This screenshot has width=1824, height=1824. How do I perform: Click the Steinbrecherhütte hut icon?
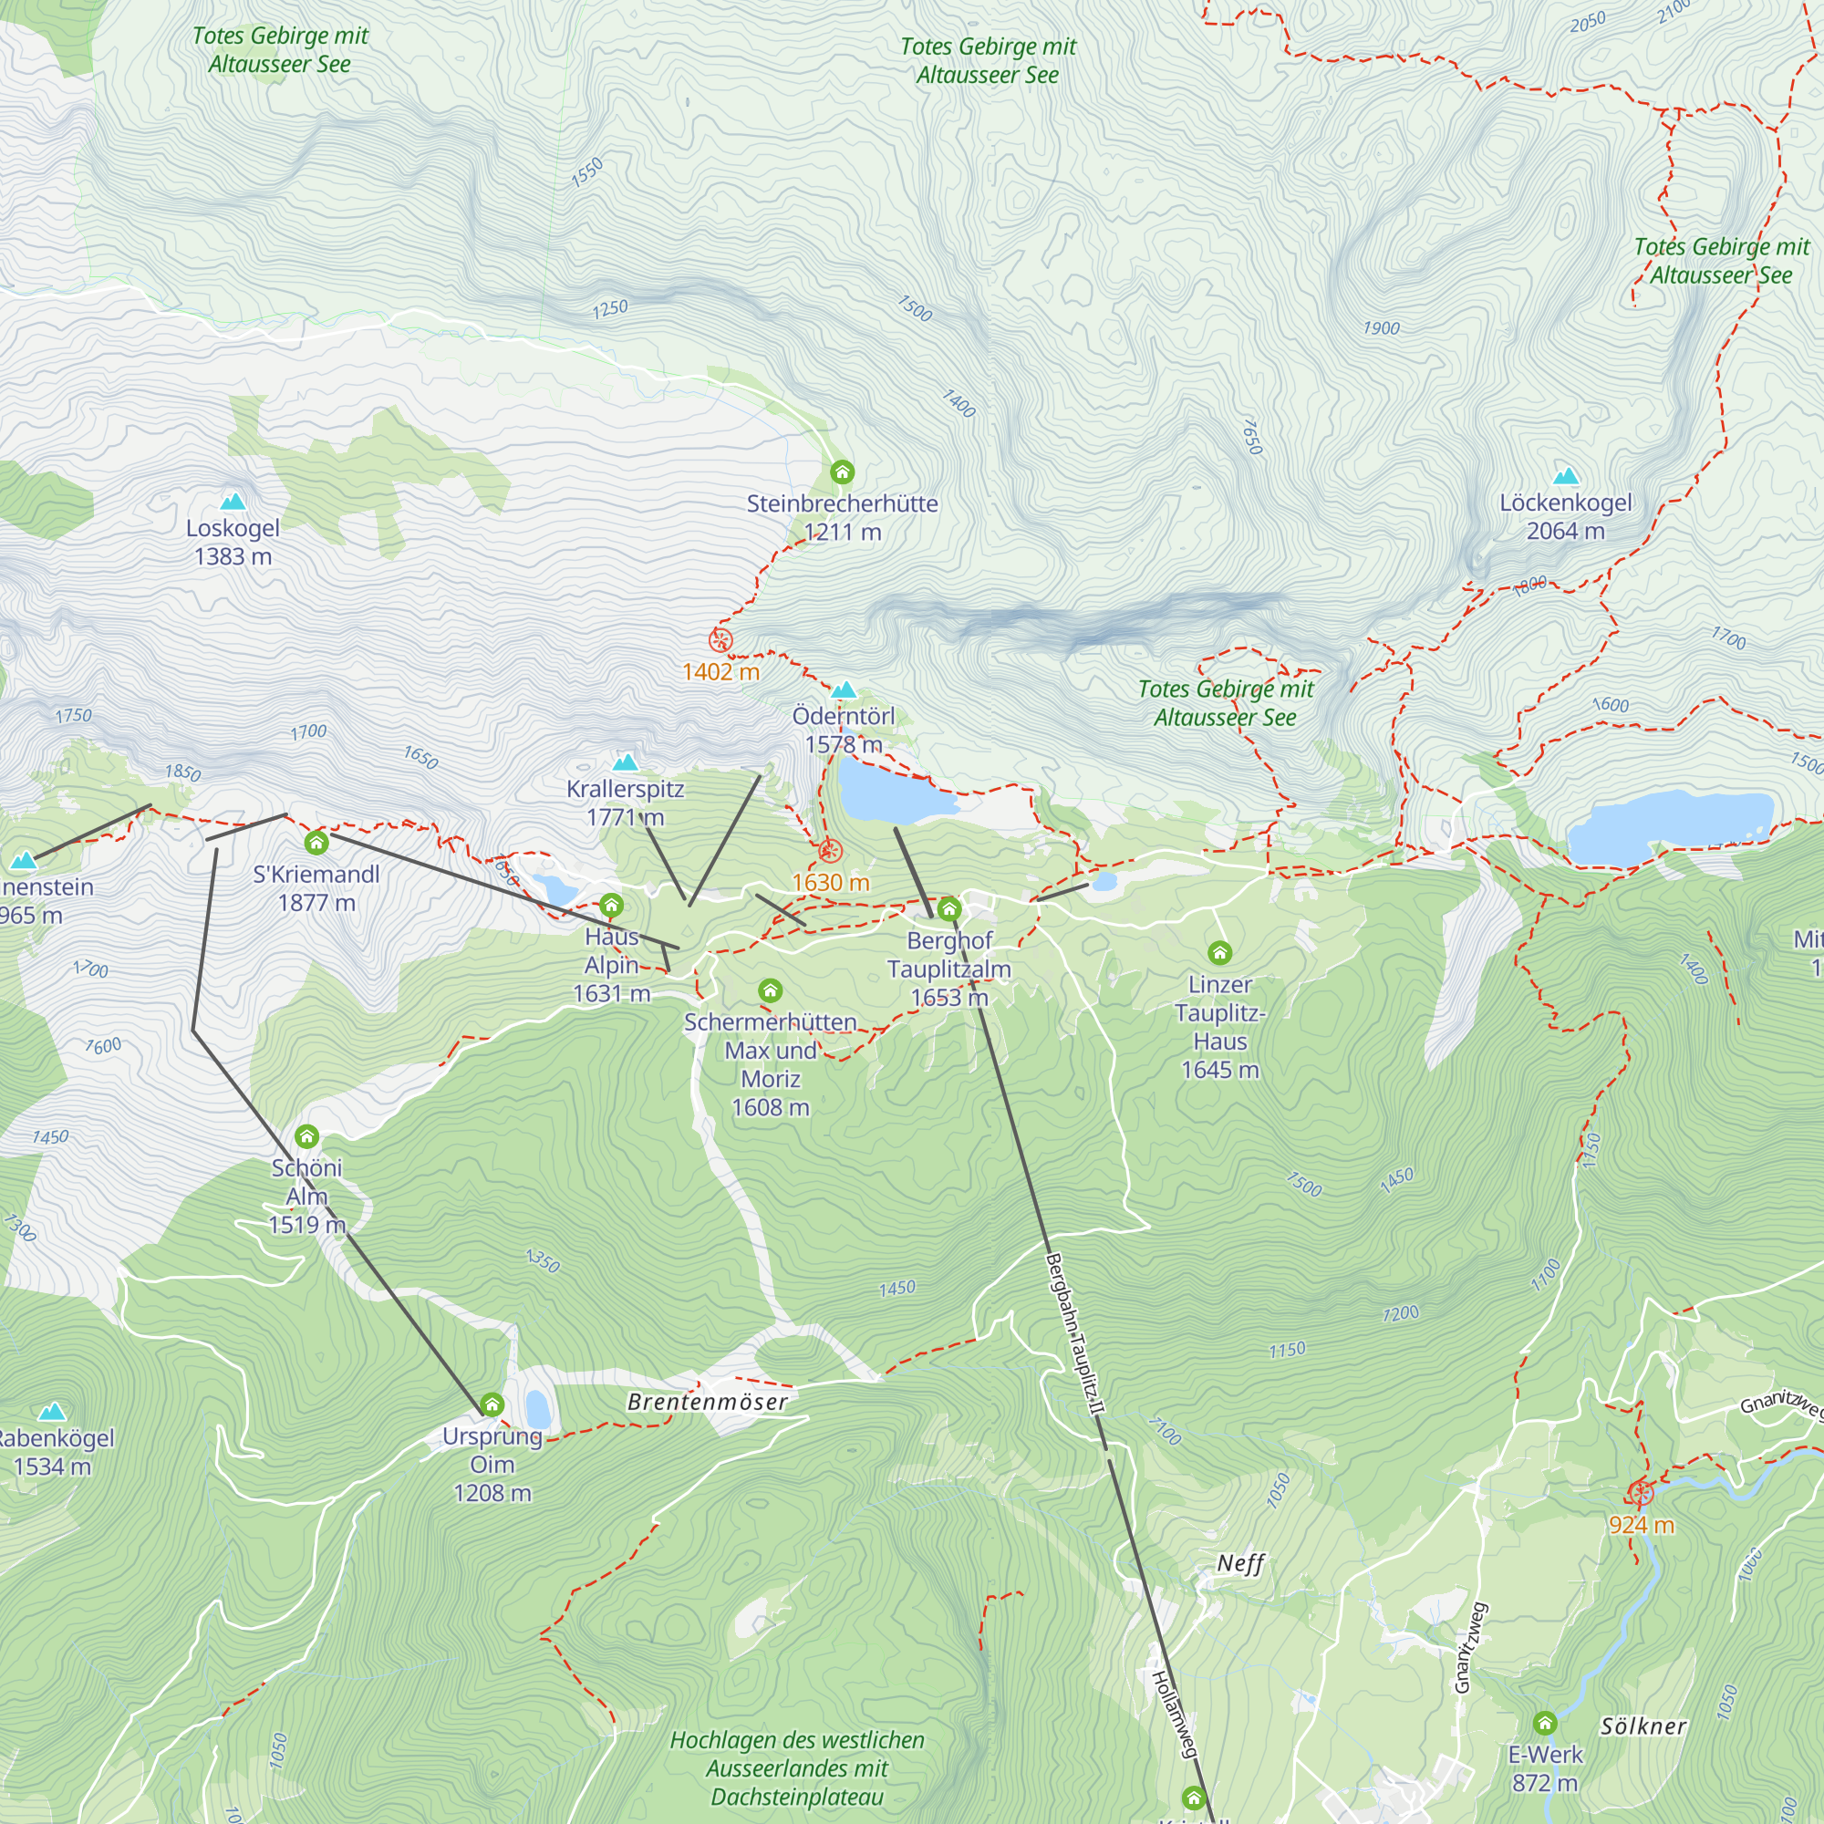pyautogui.click(x=842, y=472)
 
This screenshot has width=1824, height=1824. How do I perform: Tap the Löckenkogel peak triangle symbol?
pyautogui.click(x=1566, y=476)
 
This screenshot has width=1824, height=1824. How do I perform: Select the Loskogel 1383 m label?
pyautogui.click(x=233, y=542)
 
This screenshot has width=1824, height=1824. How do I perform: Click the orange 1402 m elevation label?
pyautogui.click(x=720, y=672)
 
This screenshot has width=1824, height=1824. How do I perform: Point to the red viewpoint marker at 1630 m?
pyautogui.click(x=829, y=852)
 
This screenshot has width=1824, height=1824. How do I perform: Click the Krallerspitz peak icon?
pyautogui.click(x=625, y=762)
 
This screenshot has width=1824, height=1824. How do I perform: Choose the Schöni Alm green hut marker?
pyautogui.click(x=306, y=1135)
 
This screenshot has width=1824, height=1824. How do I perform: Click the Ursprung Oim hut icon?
pyautogui.click(x=492, y=1404)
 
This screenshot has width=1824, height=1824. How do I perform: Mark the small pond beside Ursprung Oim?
pyautogui.click(x=538, y=1409)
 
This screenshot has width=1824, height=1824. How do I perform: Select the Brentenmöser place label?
pyautogui.click(x=707, y=1403)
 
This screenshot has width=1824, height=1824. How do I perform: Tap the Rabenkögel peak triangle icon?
pyautogui.click(x=52, y=1413)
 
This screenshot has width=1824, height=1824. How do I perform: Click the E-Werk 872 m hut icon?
pyautogui.click(x=1545, y=1723)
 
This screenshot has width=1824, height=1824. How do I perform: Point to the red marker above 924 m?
pyautogui.click(x=1641, y=1494)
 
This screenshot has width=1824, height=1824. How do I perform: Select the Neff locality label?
pyautogui.click(x=1239, y=1563)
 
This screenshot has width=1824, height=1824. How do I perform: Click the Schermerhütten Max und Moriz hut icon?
pyautogui.click(x=771, y=990)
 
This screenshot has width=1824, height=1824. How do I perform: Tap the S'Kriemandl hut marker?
pyautogui.click(x=316, y=842)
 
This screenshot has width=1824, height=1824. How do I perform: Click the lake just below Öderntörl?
pyautogui.click(x=892, y=791)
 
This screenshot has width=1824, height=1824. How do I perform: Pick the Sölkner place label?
pyautogui.click(x=1643, y=1726)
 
